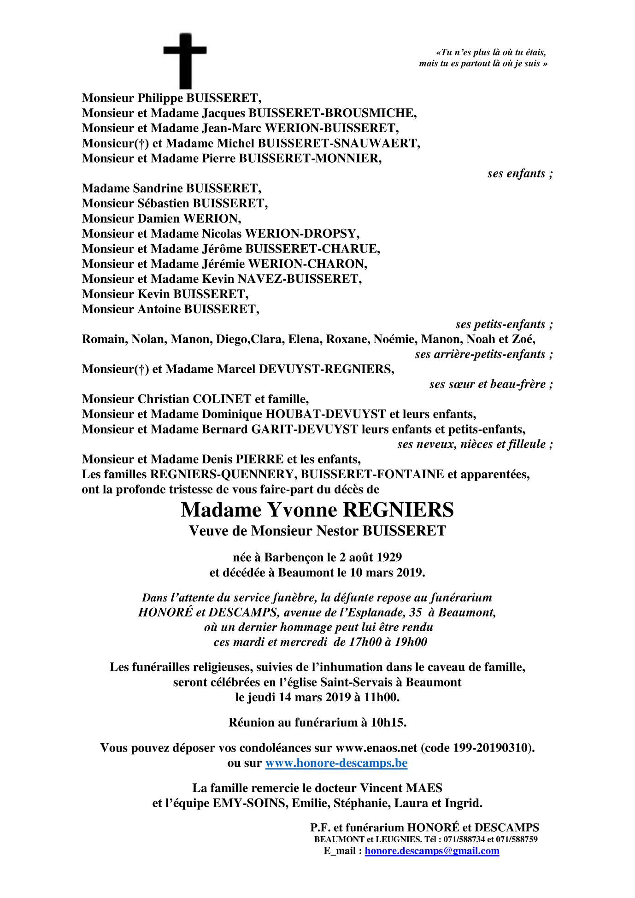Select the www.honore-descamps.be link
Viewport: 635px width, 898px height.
pos(336,763)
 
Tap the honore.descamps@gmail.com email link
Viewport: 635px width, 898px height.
pos(432,851)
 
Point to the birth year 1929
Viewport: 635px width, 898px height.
pos(389,558)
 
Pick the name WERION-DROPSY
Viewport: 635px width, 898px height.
pos(301,234)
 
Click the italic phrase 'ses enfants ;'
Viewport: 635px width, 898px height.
pos(520,174)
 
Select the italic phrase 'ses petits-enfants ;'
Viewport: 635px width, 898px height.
pos(504,324)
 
